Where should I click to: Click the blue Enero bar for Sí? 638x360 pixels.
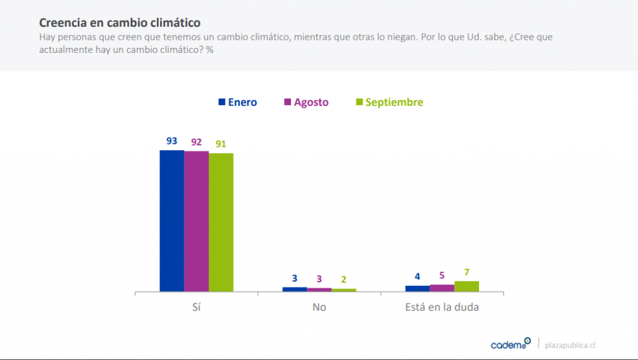pos(171,220)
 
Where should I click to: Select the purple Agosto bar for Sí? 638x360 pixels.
pos(196,221)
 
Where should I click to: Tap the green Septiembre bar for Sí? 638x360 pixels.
pos(221,222)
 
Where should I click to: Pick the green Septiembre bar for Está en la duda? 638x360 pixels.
pos(467,287)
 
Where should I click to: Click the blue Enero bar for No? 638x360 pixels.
pos(295,289)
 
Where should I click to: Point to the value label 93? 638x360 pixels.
pos(171,141)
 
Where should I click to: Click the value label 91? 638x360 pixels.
pos(221,144)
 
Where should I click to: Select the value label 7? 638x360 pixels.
pos(467,272)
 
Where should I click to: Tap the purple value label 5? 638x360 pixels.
pos(442,275)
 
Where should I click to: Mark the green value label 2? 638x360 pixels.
pos(344,279)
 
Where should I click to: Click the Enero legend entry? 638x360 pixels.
pos(237,102)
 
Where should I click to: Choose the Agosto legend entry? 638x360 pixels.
pos(306,102)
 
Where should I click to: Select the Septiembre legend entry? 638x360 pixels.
pos(388,102)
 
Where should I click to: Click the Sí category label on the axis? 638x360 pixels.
pos(196,307)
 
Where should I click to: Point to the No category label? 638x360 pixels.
pos(319,307)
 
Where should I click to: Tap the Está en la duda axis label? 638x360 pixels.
pos(442,307)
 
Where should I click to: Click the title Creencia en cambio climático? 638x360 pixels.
pos(120,22)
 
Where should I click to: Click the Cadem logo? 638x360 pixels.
pos(510,344)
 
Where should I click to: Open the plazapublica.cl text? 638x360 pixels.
pos(570,344)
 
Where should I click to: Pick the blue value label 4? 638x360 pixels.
pos(417,277)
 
